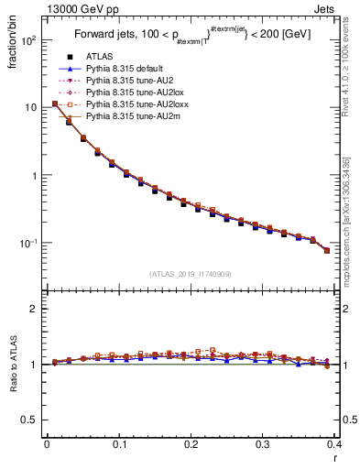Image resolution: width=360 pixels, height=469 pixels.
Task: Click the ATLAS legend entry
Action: click(x=98, y=58)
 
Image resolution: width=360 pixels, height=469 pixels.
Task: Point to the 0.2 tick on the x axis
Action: click(x=191, y=443)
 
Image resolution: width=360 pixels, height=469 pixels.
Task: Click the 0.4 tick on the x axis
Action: click(x=334, y=443)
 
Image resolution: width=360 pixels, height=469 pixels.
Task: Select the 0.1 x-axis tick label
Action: click(x=118, y=443)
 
